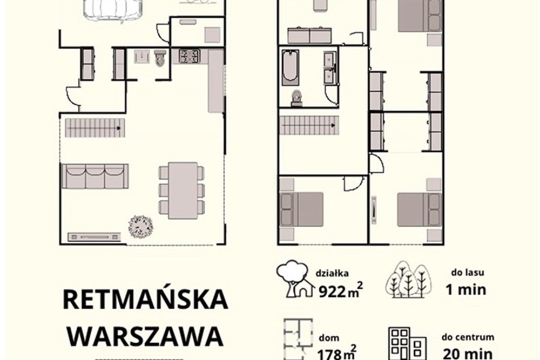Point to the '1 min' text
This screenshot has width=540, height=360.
(x=465, y=289)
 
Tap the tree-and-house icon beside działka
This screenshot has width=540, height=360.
(x=295, y=279)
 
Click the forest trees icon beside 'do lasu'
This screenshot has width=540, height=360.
(x=408, y=279)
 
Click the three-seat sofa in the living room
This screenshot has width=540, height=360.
(x=95, y=176)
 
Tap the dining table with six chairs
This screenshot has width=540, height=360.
(x=182, y=190)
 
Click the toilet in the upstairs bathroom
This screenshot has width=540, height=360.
(x=296, y=98)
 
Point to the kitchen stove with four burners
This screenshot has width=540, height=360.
(x=190, y=56)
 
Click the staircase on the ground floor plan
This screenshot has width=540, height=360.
(x=94, y=128)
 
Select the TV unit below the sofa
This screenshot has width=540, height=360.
(x=94, y=236)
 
